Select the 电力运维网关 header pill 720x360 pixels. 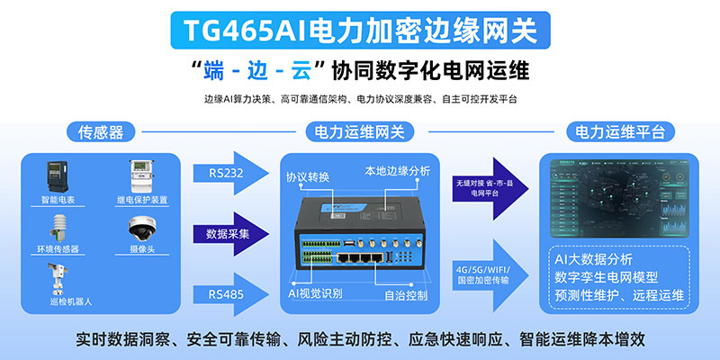[x=359, y=132]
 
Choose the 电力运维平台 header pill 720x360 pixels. [x=621, y=132]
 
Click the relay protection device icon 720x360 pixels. [x=145, y=172]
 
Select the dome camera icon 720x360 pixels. [x=144, y=226]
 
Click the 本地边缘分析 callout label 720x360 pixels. [x=397, y=170]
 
